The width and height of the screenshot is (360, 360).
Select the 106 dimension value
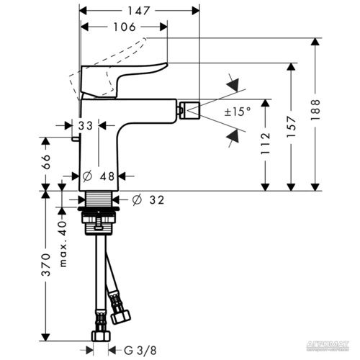click(x=123, y=27)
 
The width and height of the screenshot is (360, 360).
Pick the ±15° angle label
click(x=238, y=112)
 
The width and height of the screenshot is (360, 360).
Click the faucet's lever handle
click(x=122, y=78)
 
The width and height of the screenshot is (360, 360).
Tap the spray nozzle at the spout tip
click(x=189, y=110)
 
